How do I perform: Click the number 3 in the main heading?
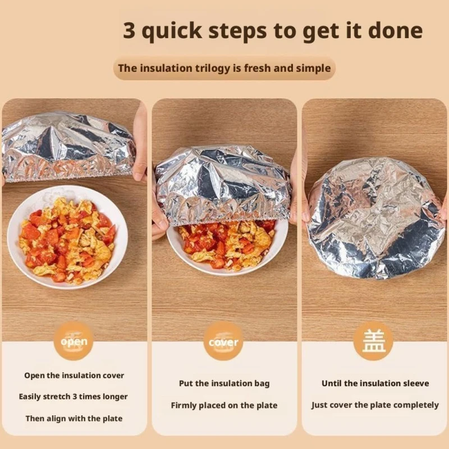pyautogui.click(x=129, y=30)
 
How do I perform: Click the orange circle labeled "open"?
pyautogui.click(x=74, y=341)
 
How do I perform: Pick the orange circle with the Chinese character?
pyautogui.click(x=373, y=341)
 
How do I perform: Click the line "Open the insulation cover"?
pyautogui.click(x=74, y=375)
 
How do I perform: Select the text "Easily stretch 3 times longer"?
pyautogui.click(x=74, y=397)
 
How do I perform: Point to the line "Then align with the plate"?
pyautogui.click(x=74, y=418)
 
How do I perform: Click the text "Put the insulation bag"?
pyautogui.click(x=224, y=383)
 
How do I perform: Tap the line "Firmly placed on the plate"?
pyautogui.click(x=224, y=405)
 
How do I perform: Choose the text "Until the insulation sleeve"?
pyautogui.click(x=375, y=383)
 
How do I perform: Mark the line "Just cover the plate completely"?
pyautogui.click(x=375, y=405)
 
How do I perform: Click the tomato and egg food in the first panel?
pyautogui.click(x=68, y=240)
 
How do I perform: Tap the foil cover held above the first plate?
pyautogui.click(x=68, y=146)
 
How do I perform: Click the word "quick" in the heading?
pyautogui.click(x=172, y=31)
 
